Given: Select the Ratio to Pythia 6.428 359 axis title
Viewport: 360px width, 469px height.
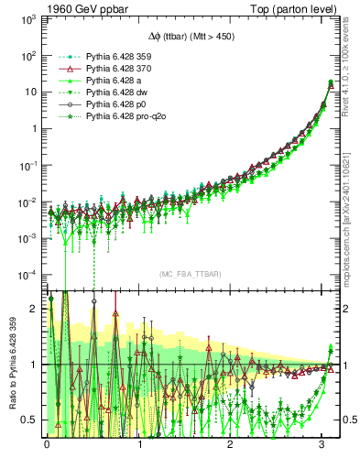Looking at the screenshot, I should (12, 365).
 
